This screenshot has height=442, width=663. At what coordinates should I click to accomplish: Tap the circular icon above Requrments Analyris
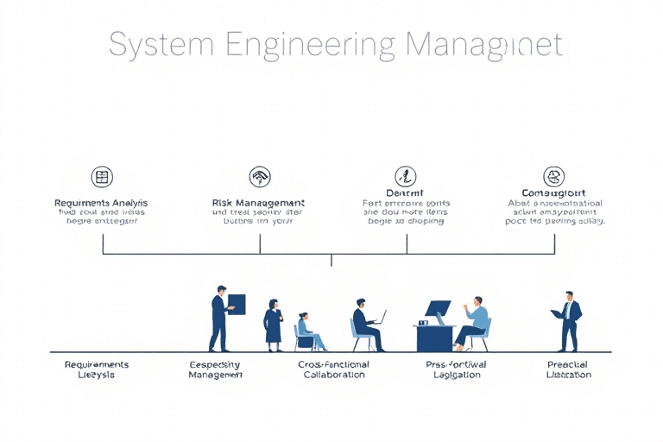coord(102,177)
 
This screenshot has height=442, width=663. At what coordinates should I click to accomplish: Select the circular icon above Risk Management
coord(259,177)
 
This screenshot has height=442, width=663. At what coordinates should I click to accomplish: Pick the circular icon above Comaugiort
coord(553,176)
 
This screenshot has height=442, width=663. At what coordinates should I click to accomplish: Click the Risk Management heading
coord(258,202)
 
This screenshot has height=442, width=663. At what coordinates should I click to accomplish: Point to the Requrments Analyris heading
coord(101,202)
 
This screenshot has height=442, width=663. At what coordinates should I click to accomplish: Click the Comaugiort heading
coord(554,193)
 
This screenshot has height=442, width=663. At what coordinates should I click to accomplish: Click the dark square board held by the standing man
coord(237,303)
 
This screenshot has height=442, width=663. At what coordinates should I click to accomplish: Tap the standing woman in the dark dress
coord(273,325)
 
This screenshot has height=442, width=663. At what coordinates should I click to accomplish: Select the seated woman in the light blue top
coord(306,331)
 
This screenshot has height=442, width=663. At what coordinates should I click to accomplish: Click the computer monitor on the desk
coord(438,308)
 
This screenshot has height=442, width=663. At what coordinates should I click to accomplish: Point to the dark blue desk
coord(435,338)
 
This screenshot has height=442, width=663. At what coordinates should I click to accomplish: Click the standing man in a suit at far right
coord(569,321)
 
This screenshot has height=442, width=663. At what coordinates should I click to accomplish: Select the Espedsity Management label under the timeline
coord(215,369)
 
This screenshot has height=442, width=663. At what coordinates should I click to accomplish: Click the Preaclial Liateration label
coord(568,369)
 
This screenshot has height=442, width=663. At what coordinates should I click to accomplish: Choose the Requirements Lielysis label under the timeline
coord(97,369)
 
